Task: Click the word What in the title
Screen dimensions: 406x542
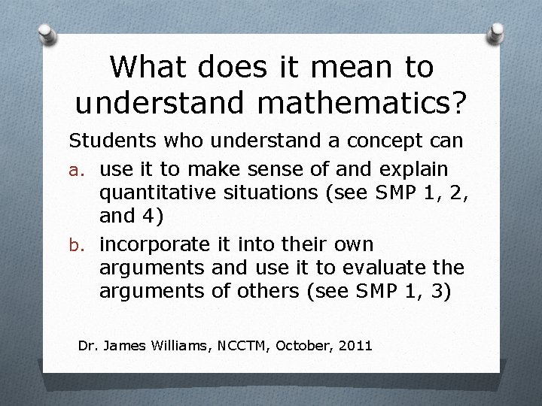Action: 146,67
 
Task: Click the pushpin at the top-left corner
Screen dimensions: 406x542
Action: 46,33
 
